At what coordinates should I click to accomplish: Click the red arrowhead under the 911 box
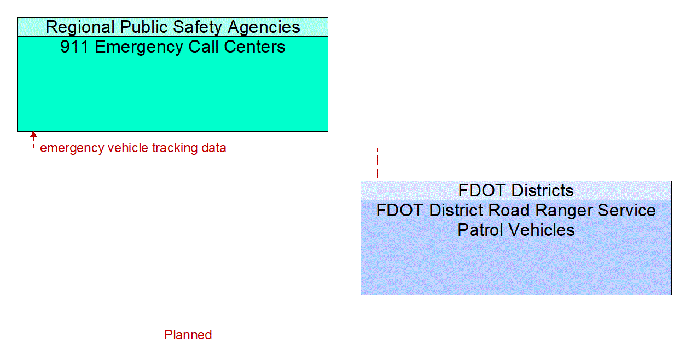point(33,135)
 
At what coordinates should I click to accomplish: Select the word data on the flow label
point(213,148)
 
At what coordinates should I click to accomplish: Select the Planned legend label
point(188,335)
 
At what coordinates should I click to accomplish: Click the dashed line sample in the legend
point(81,335)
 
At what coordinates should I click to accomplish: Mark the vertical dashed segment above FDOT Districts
point(377,164)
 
